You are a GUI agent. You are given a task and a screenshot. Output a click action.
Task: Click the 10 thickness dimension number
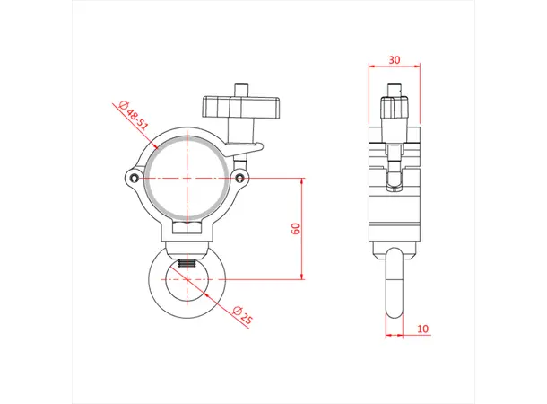coord(422,329)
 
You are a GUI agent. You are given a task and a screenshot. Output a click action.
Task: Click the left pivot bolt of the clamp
coord(135,179)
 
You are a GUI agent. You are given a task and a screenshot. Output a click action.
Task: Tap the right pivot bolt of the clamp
coord(239,179)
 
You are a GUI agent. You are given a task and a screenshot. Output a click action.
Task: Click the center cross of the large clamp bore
coord(187,178)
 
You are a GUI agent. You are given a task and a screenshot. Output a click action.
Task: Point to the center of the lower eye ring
coord(187,279)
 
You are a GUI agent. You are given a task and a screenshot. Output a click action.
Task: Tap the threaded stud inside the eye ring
coord(187,264)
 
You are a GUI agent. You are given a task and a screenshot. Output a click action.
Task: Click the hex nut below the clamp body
coord(187,234)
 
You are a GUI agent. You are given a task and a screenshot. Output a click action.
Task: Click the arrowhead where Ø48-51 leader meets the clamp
coord(155,144)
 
